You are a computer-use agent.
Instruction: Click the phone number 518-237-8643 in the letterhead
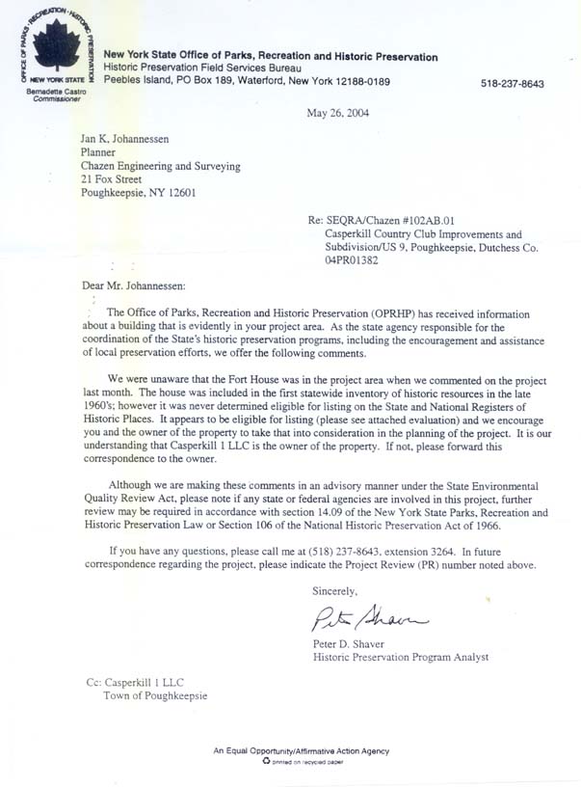512,84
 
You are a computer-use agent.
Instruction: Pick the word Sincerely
334,589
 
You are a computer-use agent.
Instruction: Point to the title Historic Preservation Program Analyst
401,657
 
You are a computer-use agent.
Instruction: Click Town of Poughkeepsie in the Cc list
154,695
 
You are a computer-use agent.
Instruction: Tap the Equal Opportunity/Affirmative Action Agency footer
302,750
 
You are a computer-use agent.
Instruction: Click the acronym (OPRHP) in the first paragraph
424,313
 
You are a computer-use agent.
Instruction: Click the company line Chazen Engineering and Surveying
161,165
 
